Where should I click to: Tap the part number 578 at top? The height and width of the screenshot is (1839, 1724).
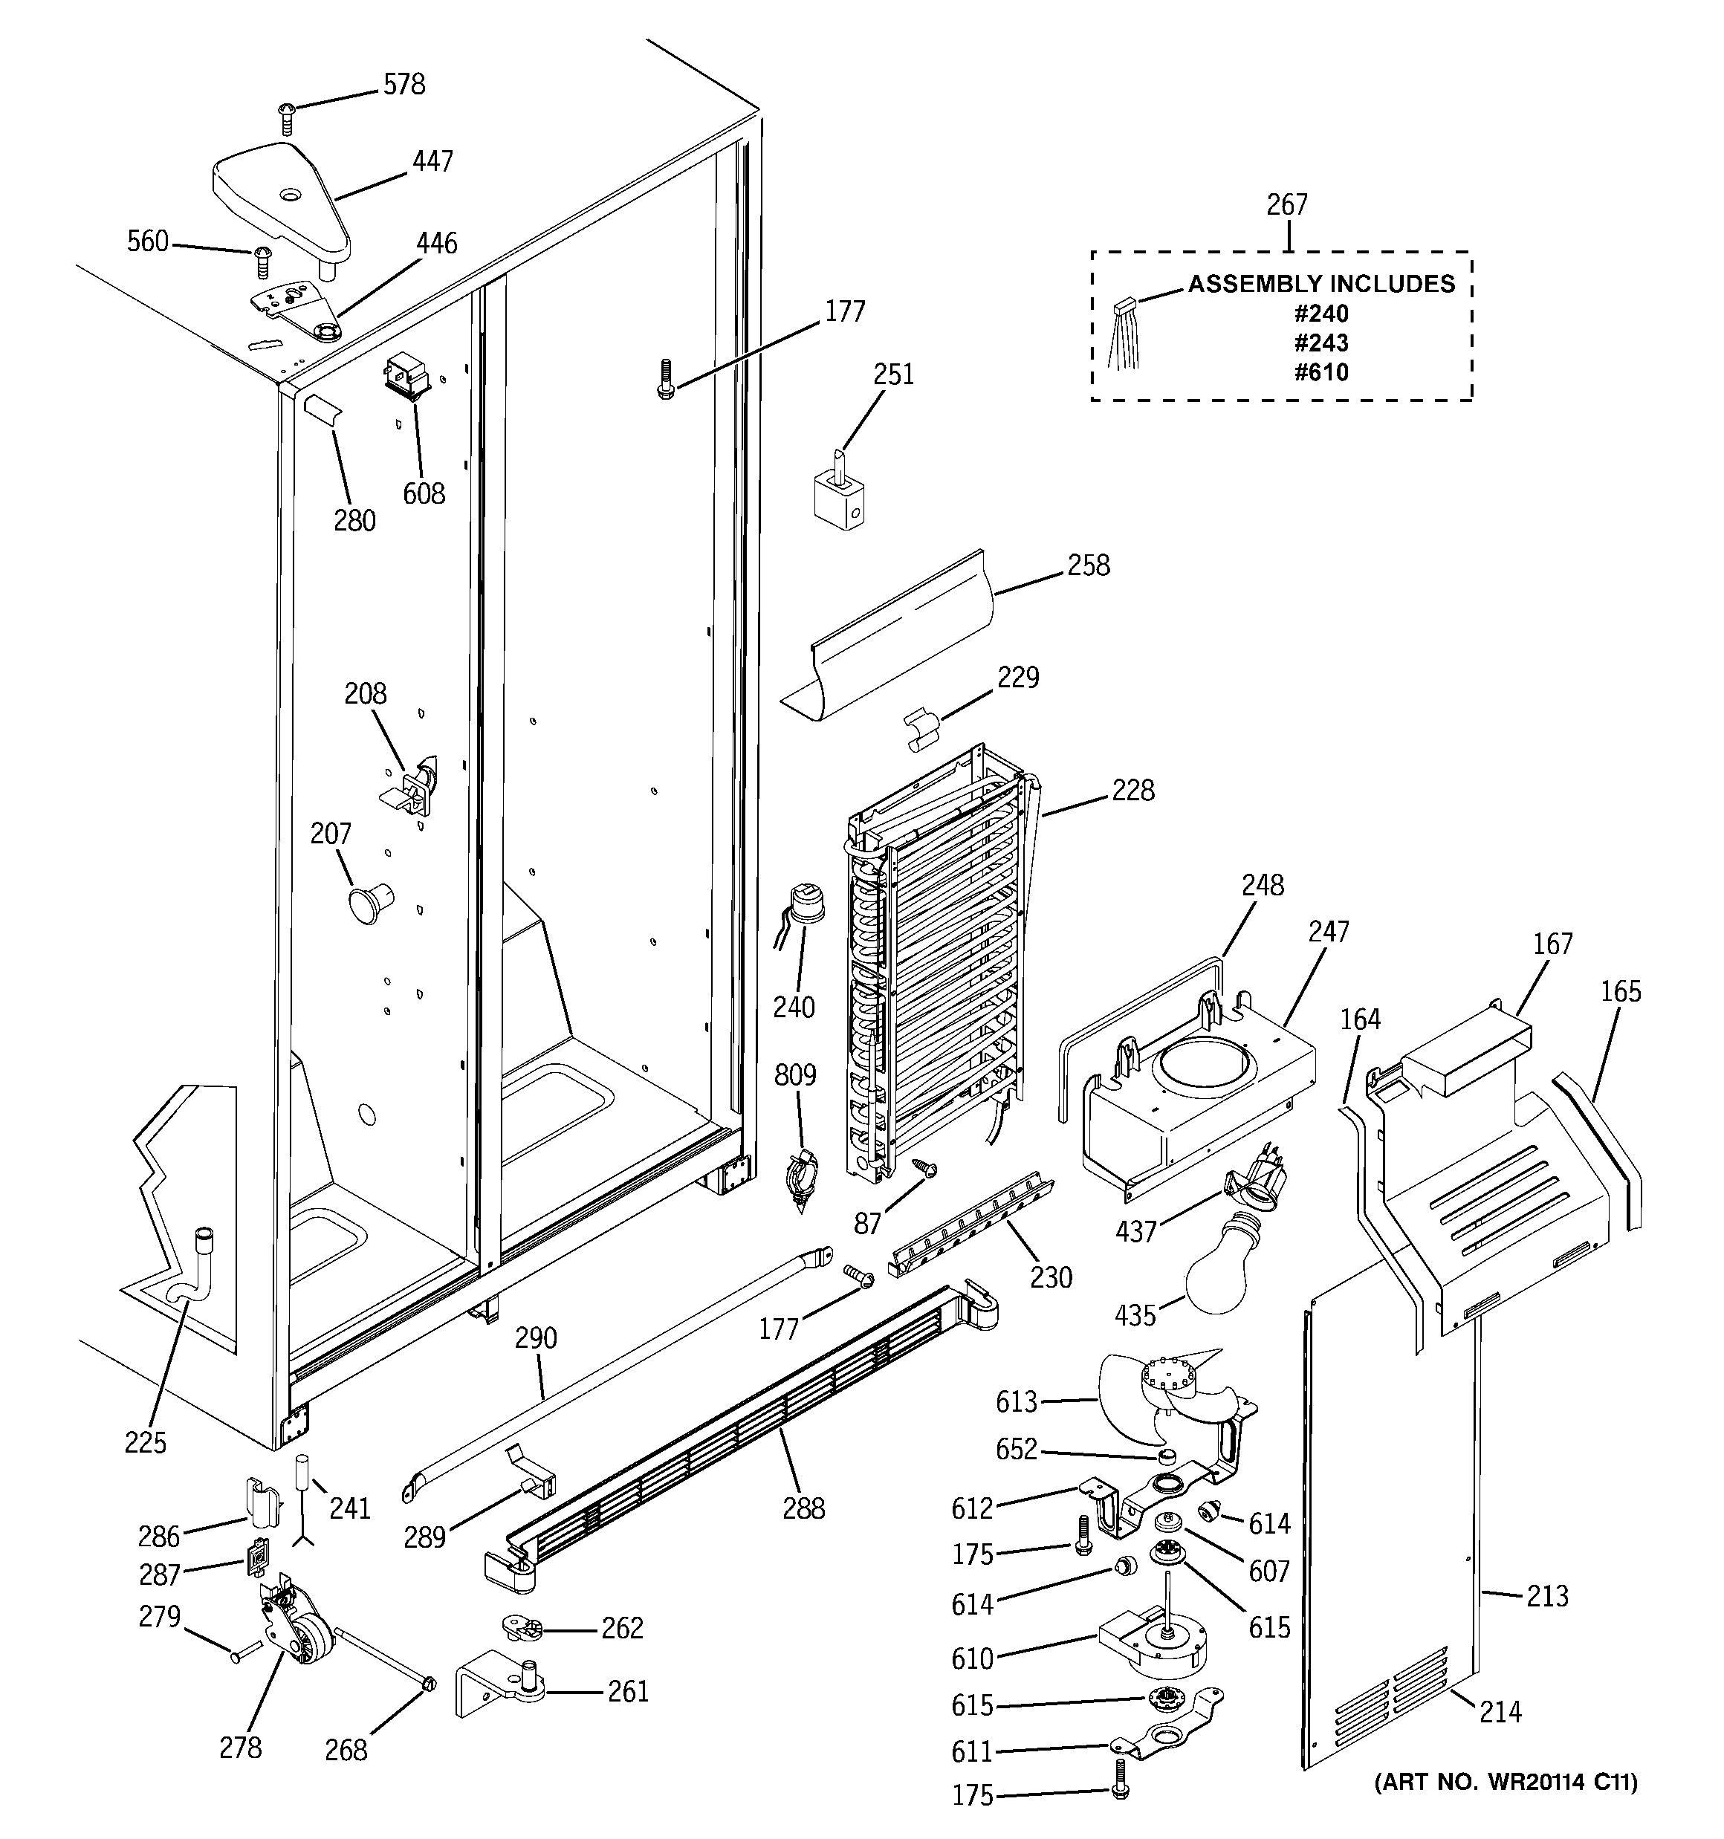404,84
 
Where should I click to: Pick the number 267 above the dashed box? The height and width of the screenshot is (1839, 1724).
1286,204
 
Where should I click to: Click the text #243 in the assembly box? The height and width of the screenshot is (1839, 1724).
1320,343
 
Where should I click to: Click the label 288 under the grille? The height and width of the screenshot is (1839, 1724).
803,1509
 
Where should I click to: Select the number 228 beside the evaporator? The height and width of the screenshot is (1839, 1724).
1132,790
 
